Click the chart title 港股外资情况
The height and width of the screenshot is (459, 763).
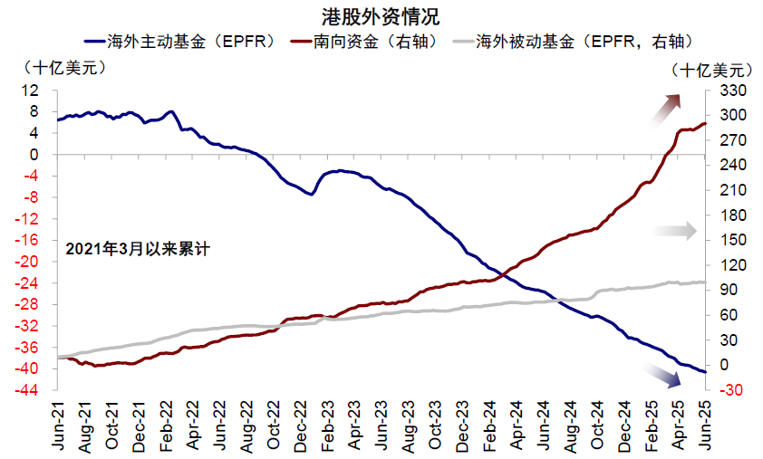coord(381,16)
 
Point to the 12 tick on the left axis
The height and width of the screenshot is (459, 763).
coord(34,91)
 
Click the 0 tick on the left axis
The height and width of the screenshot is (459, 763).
coord(38,155)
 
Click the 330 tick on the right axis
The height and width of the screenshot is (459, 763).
coord(729,91)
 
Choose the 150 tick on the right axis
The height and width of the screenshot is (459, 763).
coord(729,241)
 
